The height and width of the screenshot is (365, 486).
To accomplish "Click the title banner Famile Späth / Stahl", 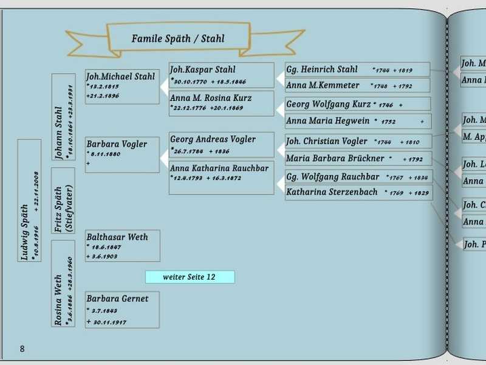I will [x=178, y=39].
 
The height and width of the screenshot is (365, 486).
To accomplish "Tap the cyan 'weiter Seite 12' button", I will [x=190, y=277].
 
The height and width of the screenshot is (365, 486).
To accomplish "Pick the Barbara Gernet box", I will [x=122, y=310].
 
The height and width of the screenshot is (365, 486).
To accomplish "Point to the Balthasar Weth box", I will [x=122, y=246].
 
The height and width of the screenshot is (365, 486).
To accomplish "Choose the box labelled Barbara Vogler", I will [x=122, y=155].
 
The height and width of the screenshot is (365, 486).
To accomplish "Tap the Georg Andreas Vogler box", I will [x=222, y=145].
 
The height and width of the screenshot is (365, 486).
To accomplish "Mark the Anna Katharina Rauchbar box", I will [x=222, y=177].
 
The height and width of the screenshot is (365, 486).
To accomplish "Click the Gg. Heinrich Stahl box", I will [x=357, y=69].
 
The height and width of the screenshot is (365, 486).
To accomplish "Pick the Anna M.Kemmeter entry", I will [x=357, y=85].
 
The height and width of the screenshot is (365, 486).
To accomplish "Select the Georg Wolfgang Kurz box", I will [x=357, y=104].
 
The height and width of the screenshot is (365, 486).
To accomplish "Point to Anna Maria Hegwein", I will [x=357, y=121].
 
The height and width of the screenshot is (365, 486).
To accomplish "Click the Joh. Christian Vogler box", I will [x=358, y=141].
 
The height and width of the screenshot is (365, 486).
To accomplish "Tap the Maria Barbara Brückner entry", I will [x=358, y=158].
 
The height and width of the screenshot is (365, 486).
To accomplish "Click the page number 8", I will [x=22, y=349].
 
